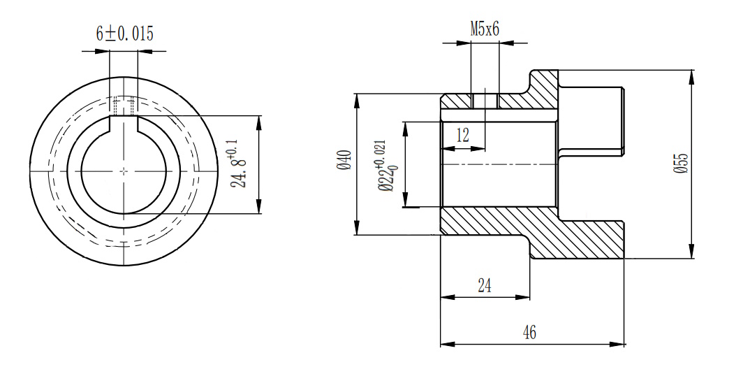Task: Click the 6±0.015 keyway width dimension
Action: tap(124, 34)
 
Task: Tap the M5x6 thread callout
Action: tap(485, 29)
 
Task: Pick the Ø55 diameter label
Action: tap(679, 163)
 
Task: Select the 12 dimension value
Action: tap(462, 135)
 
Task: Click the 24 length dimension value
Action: tap(484, 285)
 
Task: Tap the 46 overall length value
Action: tap(530, 333)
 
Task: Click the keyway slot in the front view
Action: tap(124, 124)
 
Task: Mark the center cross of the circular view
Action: tap(124, 170)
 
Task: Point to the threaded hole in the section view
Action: tap(485, 101)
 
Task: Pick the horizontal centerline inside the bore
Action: tap(499, 164)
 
